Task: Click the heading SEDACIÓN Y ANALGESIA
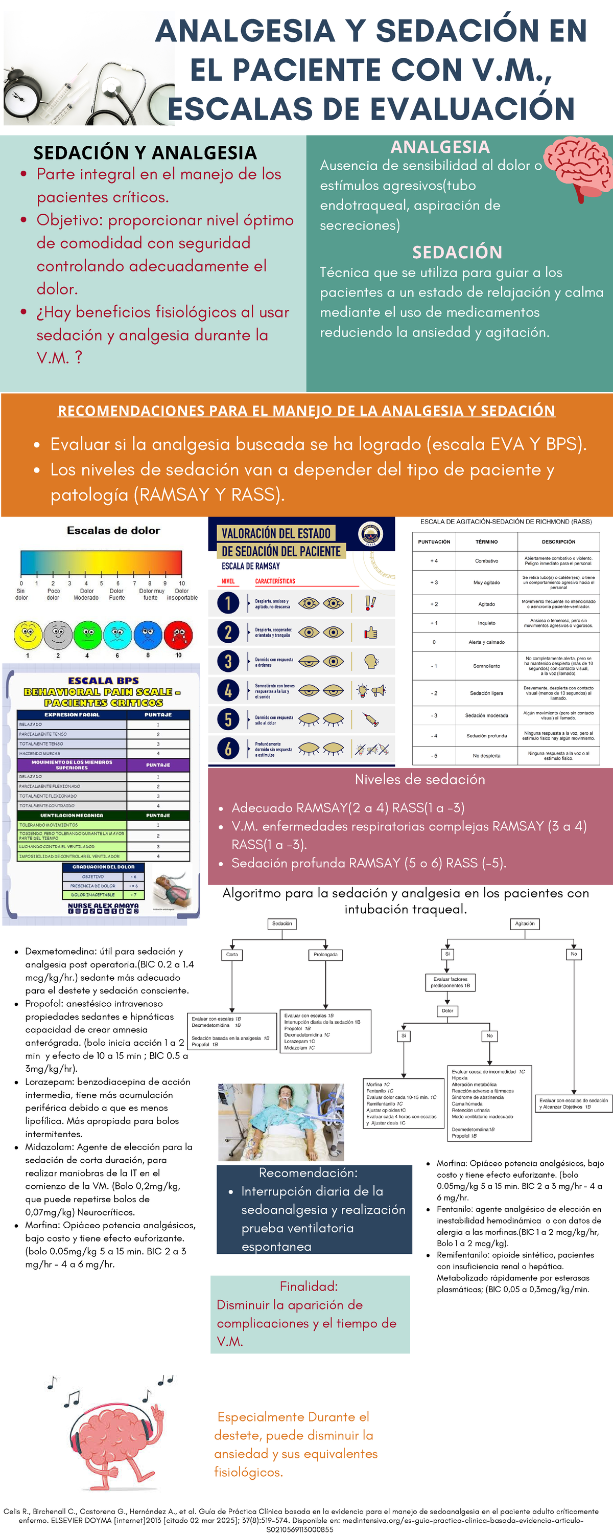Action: coord(145,153)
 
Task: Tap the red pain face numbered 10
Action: coord(178,636)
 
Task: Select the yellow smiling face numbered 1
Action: coord(28,636)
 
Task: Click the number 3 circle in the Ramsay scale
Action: coord(228,661)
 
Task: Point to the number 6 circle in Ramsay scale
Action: coord(228,749)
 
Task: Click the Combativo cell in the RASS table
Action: coord(486,561)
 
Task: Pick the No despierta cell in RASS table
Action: coord(486,756)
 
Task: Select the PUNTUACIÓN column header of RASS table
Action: coord(434,542)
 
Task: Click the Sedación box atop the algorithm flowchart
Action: coord(282,923)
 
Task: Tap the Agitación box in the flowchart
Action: coord(524,923)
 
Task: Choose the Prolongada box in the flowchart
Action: coord(325,955)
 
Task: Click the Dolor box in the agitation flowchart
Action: coord(447,1010)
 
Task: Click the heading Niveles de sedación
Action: coord(419,779)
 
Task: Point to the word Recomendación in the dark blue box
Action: coord(308,1172)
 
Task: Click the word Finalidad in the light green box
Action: coord(308,1287)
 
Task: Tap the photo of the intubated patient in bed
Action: coord(281,1122)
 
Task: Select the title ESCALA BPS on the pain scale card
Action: coord(103,680)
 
